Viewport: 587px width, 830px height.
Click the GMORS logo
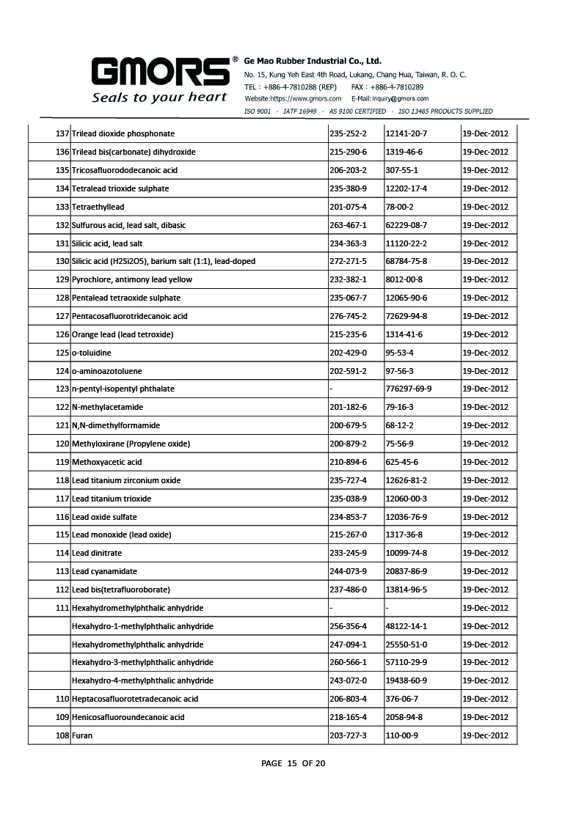click(x=160, y=73)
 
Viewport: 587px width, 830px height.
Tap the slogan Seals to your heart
click(x=159, y=98)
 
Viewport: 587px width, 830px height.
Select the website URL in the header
click(x=293, y=98)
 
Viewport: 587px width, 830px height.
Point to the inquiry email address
click(x=390, y=98)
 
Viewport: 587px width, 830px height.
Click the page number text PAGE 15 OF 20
click(x=293, y=763)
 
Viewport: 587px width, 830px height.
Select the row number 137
click(x=62, y=133)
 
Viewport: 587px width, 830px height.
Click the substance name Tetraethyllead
click(x=98, y=207)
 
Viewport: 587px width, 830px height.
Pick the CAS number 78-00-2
click(x=400, y=207)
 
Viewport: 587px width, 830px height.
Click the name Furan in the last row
click(x=82, y=735)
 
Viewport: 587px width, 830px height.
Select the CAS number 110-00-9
click(x=402, y=735)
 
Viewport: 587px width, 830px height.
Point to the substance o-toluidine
click(x=92, y=353)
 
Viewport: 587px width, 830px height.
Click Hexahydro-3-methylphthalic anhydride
click(x=142, y=662)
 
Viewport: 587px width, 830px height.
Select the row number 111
click(x=62, y=608)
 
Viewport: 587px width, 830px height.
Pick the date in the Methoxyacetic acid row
click(x=485, y=462)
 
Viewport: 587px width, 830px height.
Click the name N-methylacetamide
click(x=107, y=407)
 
